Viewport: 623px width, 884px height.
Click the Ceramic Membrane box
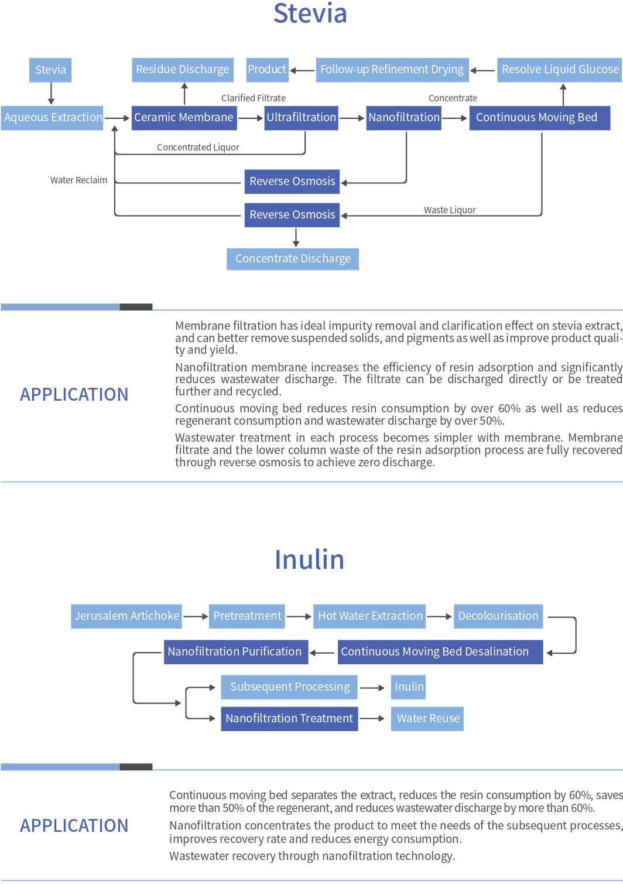click(184, 118)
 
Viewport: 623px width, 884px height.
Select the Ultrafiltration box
click(301, 118)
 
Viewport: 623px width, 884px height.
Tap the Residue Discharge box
click(183, 70)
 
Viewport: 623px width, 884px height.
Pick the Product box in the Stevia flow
click(268, 70)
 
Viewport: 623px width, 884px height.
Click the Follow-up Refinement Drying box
click(392, 70)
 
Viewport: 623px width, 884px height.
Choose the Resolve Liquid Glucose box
click(560, 70)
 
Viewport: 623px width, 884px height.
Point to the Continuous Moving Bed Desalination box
click(440, 651)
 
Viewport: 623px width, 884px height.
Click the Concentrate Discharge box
click(293, 259)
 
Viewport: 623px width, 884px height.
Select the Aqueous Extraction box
click(52, 118)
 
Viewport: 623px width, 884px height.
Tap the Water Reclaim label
click(79, 180)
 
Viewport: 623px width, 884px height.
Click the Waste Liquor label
click(450, 210)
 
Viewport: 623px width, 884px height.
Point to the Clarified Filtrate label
click(254, 98)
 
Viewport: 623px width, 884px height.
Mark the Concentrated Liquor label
click(198, 147)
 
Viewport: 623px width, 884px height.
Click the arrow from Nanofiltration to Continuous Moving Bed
click(454, 118)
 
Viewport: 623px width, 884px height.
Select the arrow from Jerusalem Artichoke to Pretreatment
click(196, 616)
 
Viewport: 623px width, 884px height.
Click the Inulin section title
click(310, 559)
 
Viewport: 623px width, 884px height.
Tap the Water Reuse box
click(427, 719)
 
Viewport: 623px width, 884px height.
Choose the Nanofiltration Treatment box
click(290, 719)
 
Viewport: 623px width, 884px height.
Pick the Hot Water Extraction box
click(369, 616)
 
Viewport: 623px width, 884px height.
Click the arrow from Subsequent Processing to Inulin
click(372, 688)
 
